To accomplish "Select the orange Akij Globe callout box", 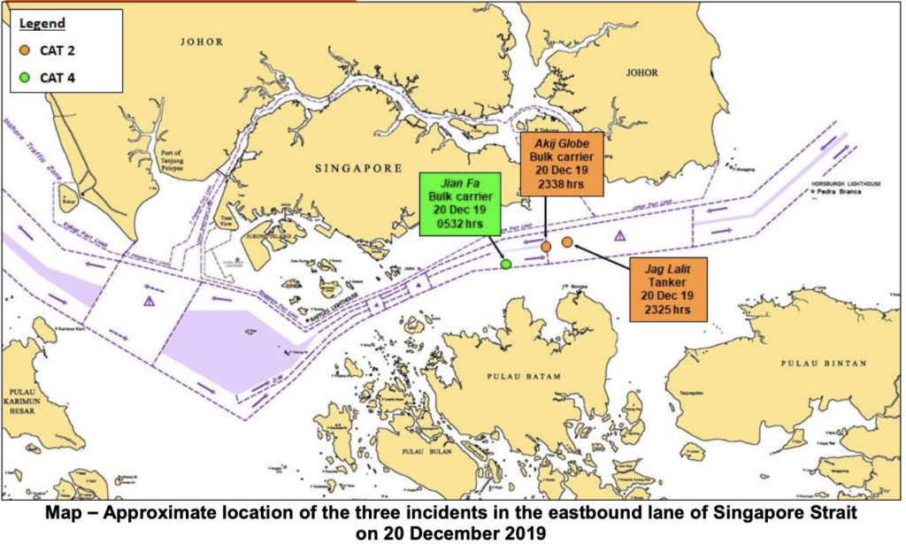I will (x=562, y=164).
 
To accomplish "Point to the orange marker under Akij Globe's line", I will (x=547, y=246).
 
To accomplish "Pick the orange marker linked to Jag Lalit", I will (x=567, y=241).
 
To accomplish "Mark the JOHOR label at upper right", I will (x=642, y=73).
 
